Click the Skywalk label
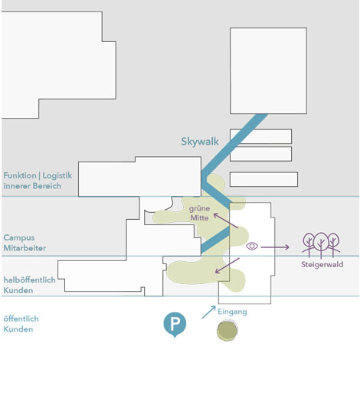pos(200,141)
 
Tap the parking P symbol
pos(175,325)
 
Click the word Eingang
pos(232,312)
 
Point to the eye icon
pos(252,246)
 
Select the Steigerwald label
pos(322,264)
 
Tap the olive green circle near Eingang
pos(227,331)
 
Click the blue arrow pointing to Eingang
pos(208,312)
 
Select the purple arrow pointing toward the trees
pos(275,247)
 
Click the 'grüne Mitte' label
pos(199,213)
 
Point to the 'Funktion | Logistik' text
pos(38,175)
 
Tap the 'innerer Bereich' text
pos(32,186)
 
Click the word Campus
pos(19,237)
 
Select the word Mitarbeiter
pos(25,248)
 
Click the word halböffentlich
pos(29,279)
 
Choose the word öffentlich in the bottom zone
pos(21,319)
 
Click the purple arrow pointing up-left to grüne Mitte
pos(226,221)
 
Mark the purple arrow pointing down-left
pos(227,266)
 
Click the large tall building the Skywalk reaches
pos(268,70)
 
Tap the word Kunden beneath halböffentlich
pos(18,290)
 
